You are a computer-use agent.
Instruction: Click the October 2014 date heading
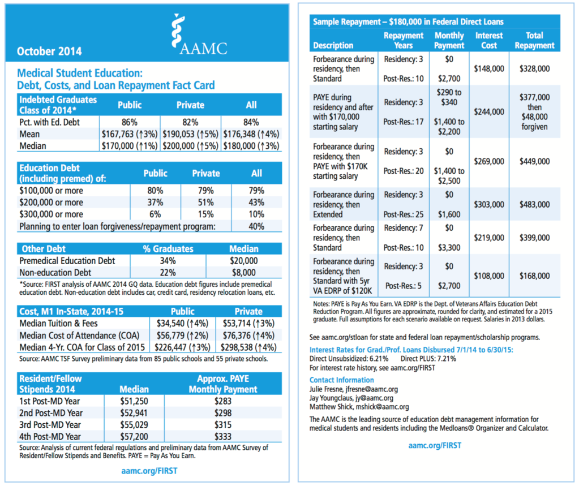tap(49, 51)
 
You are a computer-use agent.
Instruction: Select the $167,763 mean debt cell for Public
tap(129, 134)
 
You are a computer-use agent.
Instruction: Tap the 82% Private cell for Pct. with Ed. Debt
tap(190, 122)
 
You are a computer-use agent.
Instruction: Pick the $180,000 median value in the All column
tap(251, 146)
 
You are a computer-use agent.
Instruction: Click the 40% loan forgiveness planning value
tap(256, 226)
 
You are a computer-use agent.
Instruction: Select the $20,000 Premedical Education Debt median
tap(244, 261)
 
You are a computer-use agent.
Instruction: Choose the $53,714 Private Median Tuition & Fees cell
tap(248, 324)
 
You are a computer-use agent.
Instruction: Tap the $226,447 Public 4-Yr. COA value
tap(185, 347)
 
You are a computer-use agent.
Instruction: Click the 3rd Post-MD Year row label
tap(51, 425)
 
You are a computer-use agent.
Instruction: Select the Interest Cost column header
tap(488, 40)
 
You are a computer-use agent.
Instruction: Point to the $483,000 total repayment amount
tap(534, 204)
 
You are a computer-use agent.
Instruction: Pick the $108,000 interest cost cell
tap(490, 276)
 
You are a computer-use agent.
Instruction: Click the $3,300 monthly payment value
tap(450, 247)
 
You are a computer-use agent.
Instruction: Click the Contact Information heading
tap(341, 380)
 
